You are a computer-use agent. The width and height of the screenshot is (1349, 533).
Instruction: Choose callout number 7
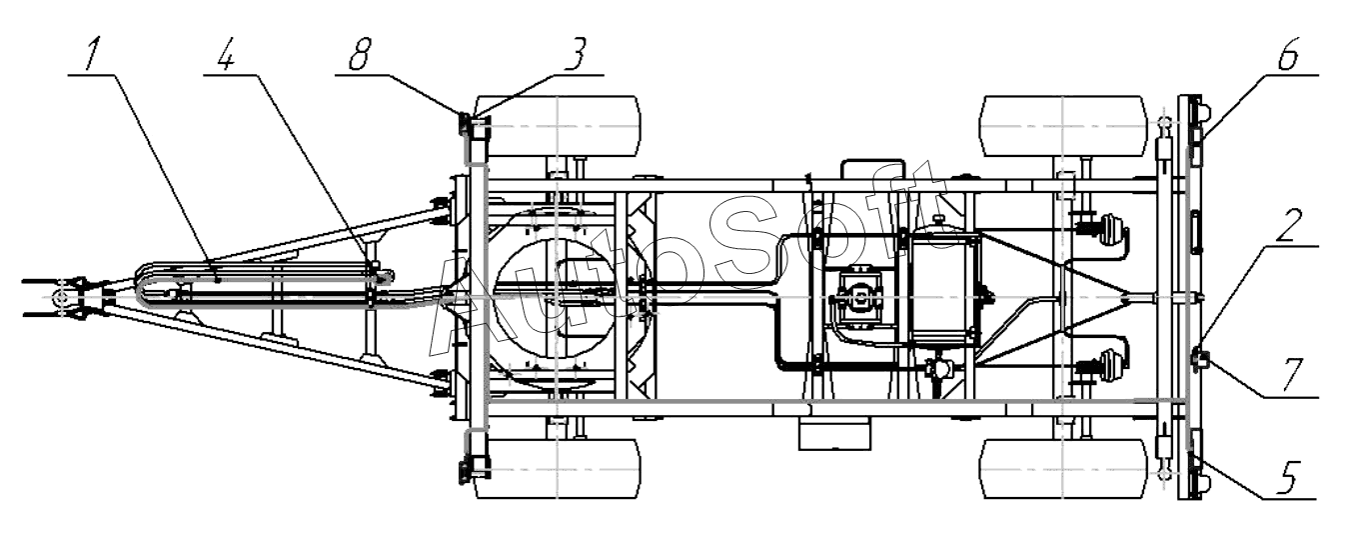click(x=1293, y=374)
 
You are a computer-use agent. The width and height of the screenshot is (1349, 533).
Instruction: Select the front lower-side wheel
click(x=558, y=468)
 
